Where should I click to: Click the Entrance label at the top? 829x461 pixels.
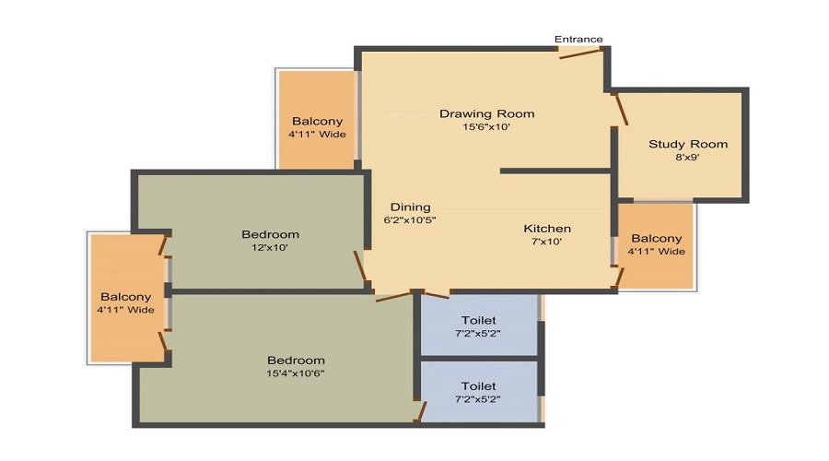pos(578,39)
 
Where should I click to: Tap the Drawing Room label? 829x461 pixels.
pos(486,114)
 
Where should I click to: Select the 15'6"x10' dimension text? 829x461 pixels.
pos(486,128)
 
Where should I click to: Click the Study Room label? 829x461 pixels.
pos(688,144)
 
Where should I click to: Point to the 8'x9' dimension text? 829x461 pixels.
pos(688,158)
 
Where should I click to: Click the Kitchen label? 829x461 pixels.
pos(547,229)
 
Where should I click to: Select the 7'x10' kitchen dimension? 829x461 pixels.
pos(547,242)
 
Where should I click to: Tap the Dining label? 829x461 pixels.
pos(410,207)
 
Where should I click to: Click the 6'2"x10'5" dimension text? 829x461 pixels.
pos(410,221)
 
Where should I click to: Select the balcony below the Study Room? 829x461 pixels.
pos(657,245)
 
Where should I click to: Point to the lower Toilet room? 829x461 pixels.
pos(478,391)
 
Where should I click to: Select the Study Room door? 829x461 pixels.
pos(621,108)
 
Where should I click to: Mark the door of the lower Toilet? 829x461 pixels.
pos(421,409)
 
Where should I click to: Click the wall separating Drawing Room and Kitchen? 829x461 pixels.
pos(555,171)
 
